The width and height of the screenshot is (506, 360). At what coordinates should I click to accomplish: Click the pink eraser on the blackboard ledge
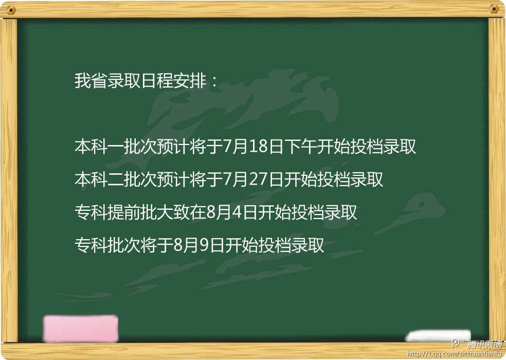[80, 329]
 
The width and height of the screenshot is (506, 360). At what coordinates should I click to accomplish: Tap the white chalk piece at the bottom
[438, 335]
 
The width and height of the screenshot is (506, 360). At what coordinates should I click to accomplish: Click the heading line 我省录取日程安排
[140, 80]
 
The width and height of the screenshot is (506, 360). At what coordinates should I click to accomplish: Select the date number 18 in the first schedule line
[258, 146]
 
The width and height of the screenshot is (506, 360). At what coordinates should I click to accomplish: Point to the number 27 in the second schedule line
[258, 179]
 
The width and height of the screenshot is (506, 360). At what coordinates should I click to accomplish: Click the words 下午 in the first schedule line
[300, 146]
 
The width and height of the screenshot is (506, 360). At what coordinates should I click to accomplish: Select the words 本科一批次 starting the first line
[116, 146]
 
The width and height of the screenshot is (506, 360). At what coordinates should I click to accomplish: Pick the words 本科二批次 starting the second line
[116, 179]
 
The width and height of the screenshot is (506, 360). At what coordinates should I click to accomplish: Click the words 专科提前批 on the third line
[116, 212]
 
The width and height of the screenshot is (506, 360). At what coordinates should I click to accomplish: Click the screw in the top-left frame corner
[12, 10]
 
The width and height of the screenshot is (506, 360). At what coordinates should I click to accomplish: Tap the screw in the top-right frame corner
[494, 9]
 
